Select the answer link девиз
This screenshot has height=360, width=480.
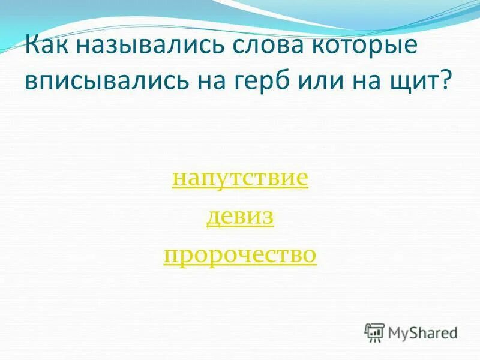pyautogui.click(x=240, y=217)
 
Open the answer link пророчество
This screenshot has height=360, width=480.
pyautogui.click(x=240, y=255)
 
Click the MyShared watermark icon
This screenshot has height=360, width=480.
pyautogui.click(x=375, y=332)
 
